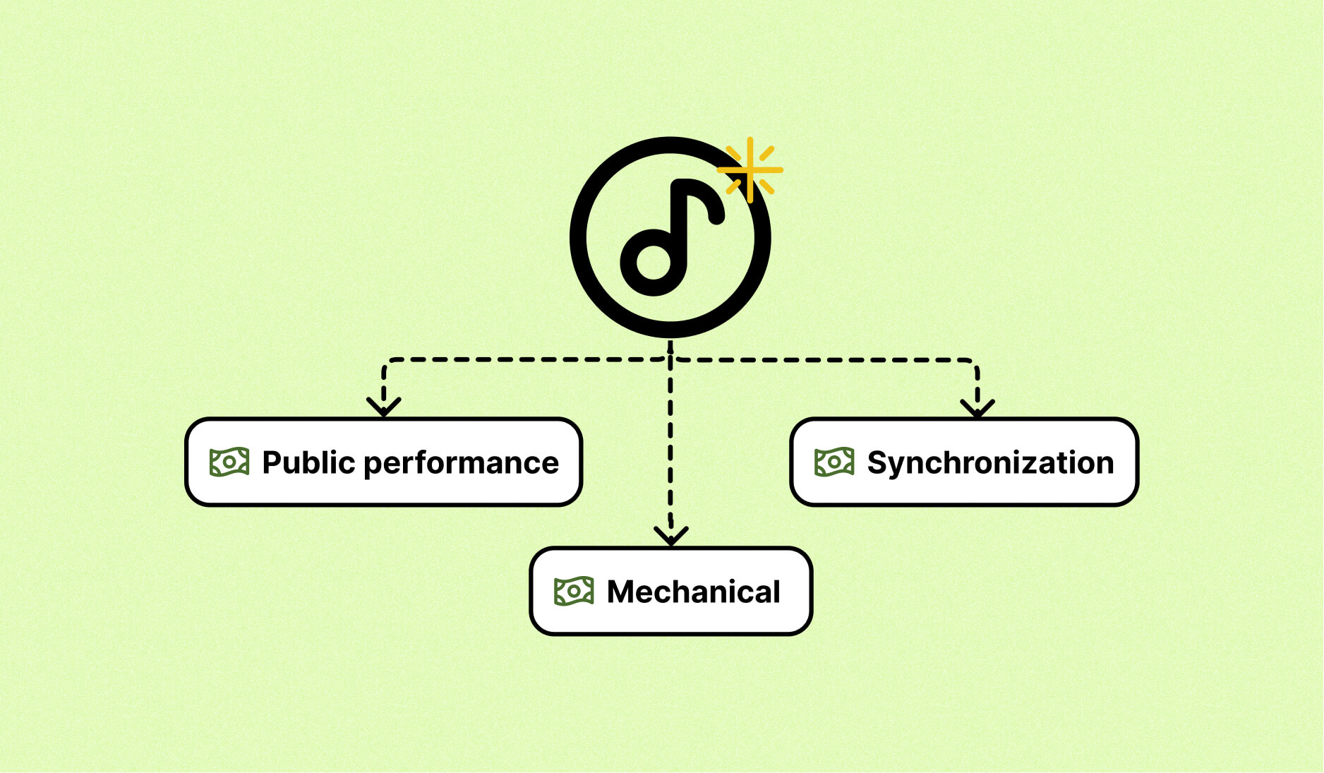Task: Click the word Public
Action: point(308,463)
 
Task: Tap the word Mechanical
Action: point(693,592)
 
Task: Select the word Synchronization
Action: point(990,463)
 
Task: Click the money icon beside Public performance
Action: point(229,462)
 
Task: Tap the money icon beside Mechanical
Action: point(574,592)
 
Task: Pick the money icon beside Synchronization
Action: point(834,462)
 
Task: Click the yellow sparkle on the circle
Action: point(750,170)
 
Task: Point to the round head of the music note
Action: point(653,261)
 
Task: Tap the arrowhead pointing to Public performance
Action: point(384,407)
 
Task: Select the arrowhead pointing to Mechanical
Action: point(670,536)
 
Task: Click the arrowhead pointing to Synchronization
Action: point(977,407)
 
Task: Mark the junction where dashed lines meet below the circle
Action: point(670,360)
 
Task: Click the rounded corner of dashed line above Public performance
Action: point(387,363)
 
